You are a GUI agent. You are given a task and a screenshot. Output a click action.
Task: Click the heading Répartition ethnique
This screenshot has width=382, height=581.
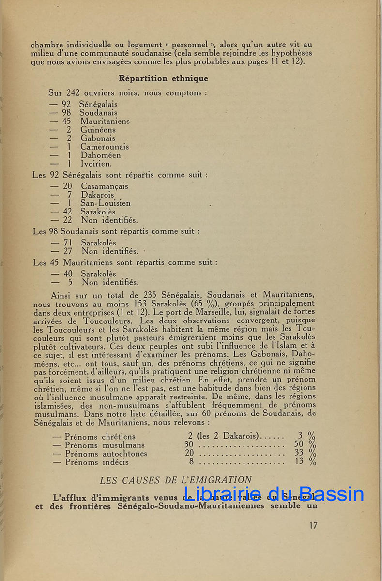tap(163, 78)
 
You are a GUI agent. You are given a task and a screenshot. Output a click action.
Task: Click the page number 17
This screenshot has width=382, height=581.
tap(313, 525)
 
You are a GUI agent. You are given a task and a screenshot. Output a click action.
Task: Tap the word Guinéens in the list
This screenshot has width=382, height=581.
tap(98, 130)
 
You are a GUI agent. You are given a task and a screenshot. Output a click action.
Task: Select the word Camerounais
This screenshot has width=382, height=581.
tap(105, 147)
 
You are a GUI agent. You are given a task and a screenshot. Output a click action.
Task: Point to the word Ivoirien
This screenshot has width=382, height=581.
tap(96, 164)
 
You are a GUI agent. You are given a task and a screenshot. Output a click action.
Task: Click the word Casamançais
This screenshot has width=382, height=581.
tap(105, 186)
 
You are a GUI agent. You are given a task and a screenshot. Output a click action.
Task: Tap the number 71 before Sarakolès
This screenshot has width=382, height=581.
tap(68, 243)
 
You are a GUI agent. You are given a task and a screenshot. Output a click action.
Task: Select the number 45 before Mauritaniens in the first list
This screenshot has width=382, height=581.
tap(66, 121)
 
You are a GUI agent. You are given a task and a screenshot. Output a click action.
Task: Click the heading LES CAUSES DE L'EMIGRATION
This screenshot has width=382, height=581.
tap(176, 480)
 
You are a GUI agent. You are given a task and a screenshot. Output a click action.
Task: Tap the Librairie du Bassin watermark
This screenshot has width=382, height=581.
tap(274, 494)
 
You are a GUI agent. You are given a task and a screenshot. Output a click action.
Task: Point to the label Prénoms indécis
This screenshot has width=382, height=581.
tap(97, 462)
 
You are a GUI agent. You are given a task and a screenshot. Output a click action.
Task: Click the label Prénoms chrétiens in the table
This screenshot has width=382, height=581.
tap(100, 436)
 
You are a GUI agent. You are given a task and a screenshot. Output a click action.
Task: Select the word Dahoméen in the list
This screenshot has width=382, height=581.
tap(101, 155)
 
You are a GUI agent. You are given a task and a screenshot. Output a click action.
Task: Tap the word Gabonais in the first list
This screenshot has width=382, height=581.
tap(98, 138)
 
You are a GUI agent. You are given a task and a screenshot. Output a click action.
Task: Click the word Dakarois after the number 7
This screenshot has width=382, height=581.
tap(97, 195)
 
